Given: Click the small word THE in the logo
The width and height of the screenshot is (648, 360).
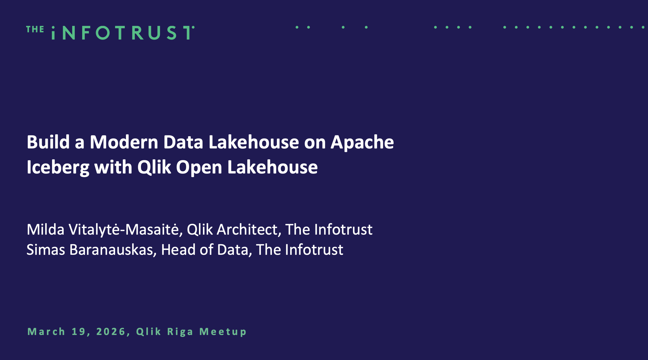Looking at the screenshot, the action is click(35, 29).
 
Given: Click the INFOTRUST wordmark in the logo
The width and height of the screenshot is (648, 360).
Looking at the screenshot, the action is click(123, 33).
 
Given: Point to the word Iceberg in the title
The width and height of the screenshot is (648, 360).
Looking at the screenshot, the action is click(58, 167).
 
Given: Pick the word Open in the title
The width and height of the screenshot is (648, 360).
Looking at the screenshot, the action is click(199, 167).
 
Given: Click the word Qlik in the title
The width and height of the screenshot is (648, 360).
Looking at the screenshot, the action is click(154, 167).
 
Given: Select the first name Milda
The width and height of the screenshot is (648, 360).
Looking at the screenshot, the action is click(45, 229).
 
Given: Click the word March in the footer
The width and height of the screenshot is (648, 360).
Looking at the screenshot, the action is click(46, 332).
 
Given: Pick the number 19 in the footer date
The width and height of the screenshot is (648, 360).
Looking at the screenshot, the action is click(80, 332).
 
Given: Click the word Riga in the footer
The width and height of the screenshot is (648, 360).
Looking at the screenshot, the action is click(180, 332).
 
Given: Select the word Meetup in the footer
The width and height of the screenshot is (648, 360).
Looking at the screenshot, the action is click(223, 332).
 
